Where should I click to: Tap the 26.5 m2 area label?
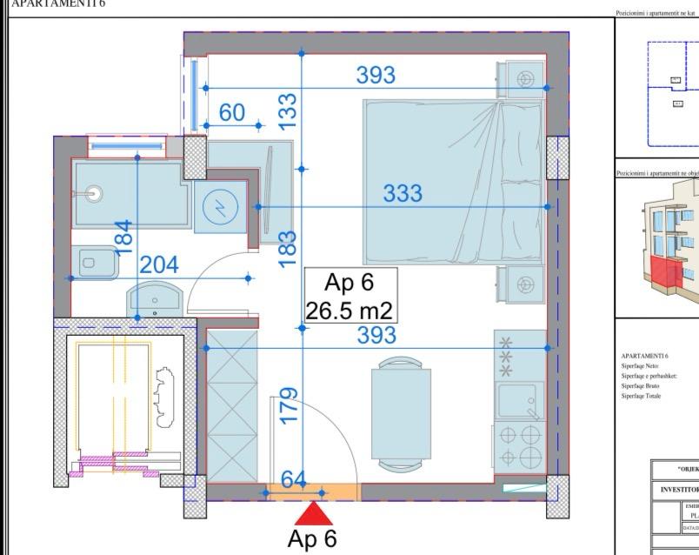point(350,310)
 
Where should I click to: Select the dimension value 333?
point(403,193)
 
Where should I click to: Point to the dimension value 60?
point(232,112)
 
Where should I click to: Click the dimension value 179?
point(289,405)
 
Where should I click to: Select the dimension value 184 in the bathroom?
point(124,237)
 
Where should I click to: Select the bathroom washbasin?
point(155,299)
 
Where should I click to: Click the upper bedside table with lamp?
point(524,80)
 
